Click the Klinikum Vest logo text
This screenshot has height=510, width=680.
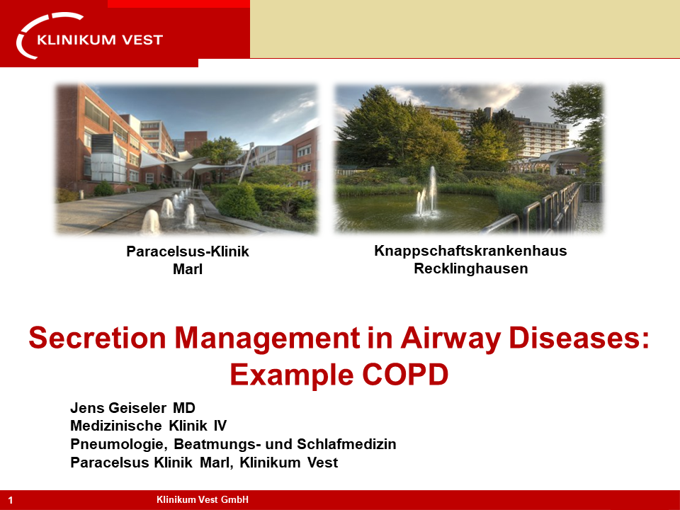click(100, 40)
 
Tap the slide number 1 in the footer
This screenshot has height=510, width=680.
click(11, 501)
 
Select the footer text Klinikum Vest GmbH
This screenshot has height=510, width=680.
click(203, 499)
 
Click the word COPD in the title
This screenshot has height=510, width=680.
click(404, 375)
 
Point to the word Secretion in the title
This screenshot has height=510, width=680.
click(97, 338)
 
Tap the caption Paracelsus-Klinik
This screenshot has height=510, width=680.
click(187, 251)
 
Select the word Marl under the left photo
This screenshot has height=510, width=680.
click(187, 269)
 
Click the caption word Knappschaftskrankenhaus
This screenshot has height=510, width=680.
click(470, 251)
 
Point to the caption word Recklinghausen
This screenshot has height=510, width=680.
click(470, 269)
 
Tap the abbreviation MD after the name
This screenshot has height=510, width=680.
click(184, 408)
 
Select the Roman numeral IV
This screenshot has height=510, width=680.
click(220, 426)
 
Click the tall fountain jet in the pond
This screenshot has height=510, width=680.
click(432, 190)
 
